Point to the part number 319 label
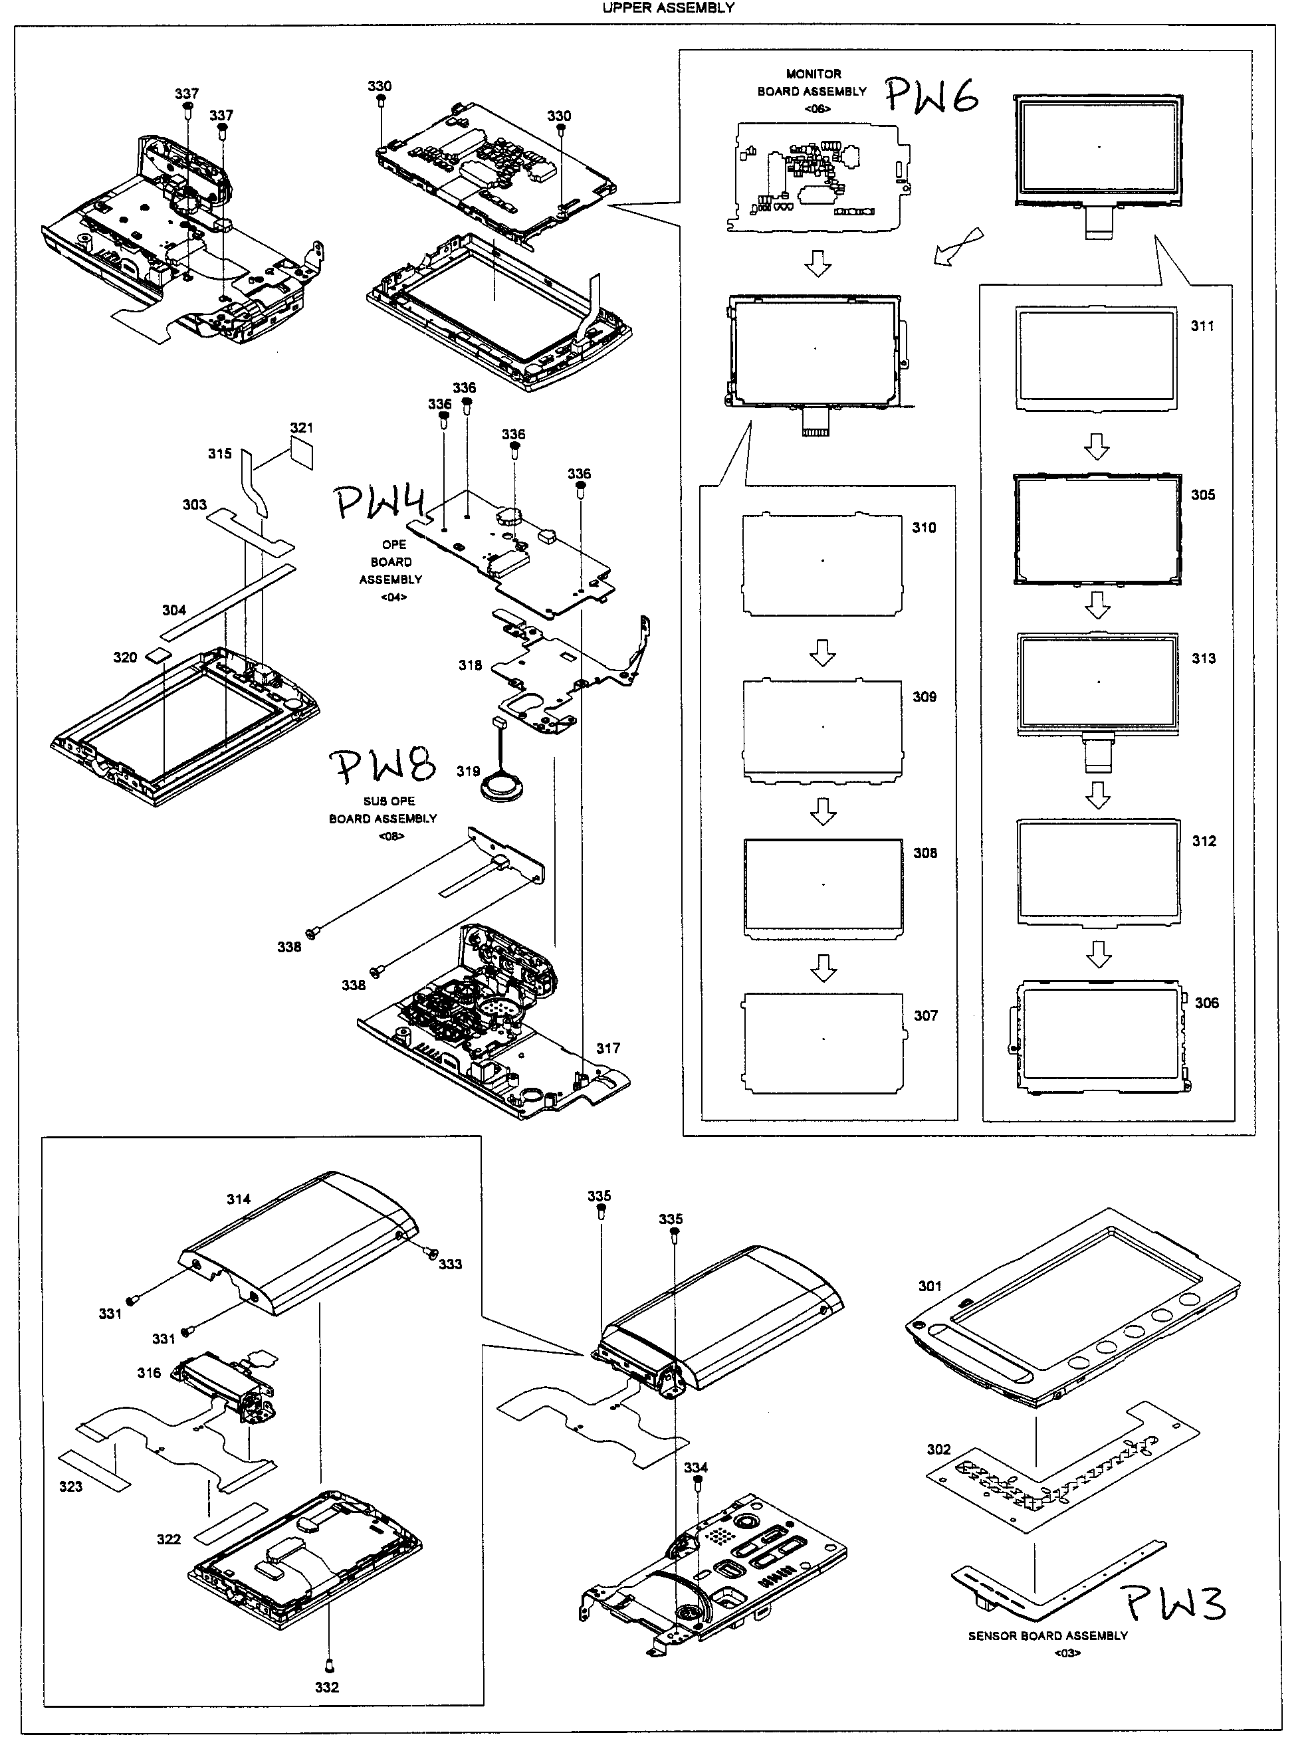tap(468, 771)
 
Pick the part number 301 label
tap(930, 1286)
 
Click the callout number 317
tap(607, 1049)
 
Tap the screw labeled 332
tap(330, 1665)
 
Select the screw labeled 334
tap(697, 1482)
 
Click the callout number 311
tap(1202, 326)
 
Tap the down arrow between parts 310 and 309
tap(823, 652)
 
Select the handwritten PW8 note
tap(381, 766)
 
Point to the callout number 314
tap(239, 1199)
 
